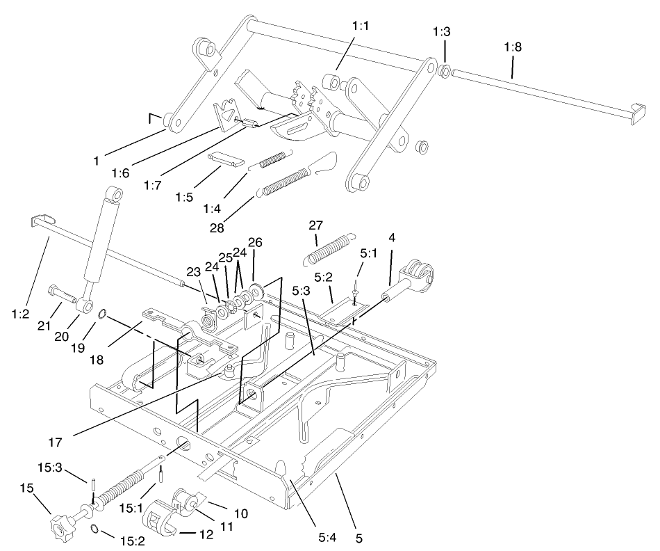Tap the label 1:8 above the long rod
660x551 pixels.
pos(513,47)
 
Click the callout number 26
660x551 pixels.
pos(255,243)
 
